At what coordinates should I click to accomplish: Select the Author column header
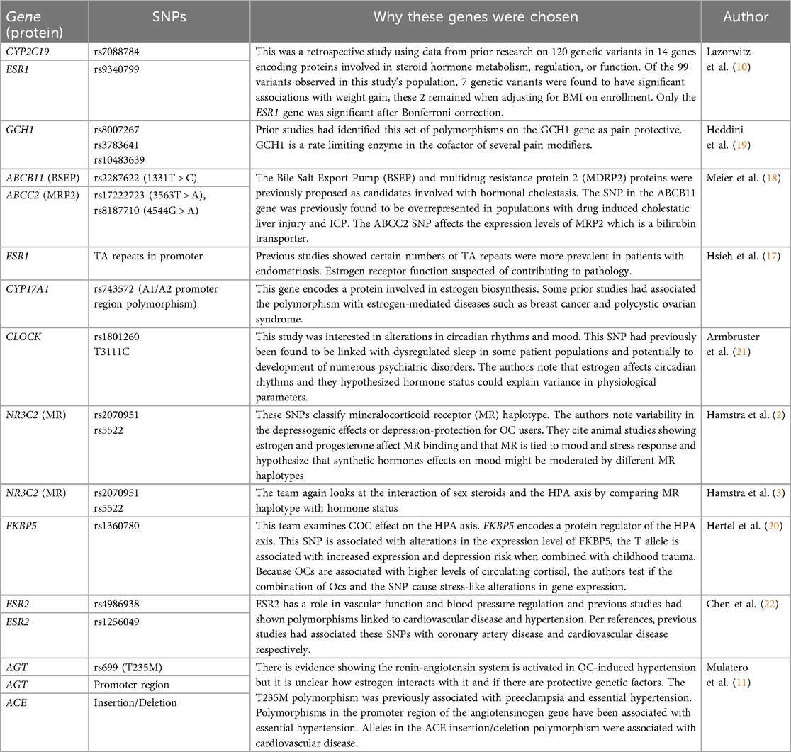point(745,18)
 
